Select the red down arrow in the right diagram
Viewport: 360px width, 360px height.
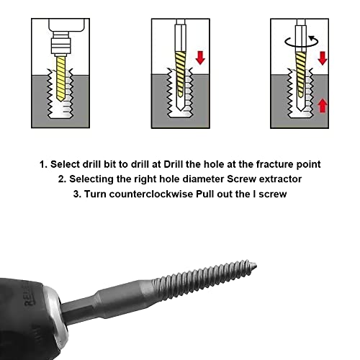coord(323,56)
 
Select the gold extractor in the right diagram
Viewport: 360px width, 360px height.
coord(296,79)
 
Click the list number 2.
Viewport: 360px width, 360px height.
coord(63,180)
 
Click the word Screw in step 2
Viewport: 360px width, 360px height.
coord(238,180)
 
